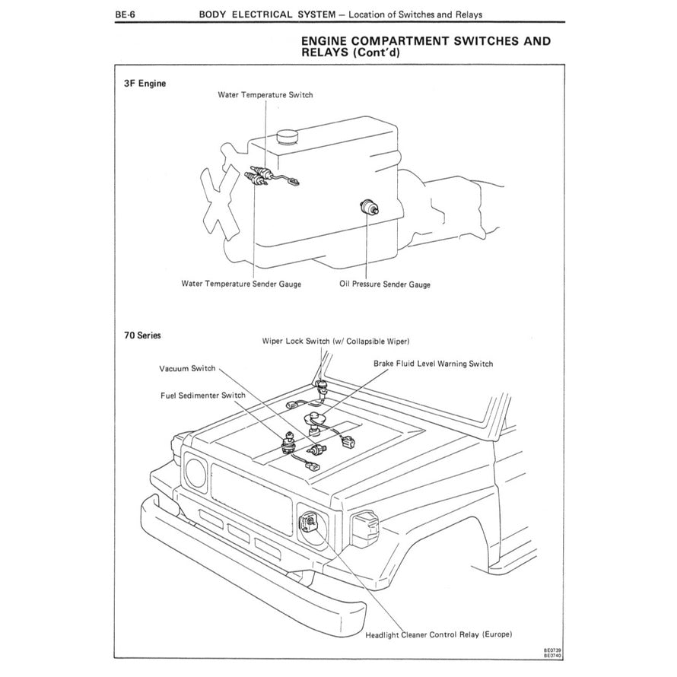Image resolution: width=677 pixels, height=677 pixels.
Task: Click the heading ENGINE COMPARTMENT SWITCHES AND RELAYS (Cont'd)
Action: coord(426,46)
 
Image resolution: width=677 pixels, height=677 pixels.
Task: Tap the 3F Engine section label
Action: coord(145,83)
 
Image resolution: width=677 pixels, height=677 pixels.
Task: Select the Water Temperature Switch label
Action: coord(265,95)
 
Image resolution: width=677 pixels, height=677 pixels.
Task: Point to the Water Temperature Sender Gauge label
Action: coord(241,284)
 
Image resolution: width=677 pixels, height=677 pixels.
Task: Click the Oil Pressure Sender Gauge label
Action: coord(384,284)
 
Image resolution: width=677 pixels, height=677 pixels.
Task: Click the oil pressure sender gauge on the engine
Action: coord(368,205)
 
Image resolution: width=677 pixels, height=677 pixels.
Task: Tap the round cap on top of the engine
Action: coord(288,136)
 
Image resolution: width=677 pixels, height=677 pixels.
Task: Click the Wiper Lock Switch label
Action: coord(340,342)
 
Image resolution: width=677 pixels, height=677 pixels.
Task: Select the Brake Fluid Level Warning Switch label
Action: coord(433,364)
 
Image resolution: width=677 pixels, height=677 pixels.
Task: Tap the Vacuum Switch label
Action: coord(187,368)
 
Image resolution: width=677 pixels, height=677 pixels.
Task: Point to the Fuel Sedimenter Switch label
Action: coord(202,396)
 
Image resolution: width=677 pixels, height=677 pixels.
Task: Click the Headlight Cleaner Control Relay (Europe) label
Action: coord(439,634)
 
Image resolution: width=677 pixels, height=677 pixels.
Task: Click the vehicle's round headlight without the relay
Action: coord(195,473)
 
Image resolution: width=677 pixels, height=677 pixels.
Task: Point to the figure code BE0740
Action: coord(552,656)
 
